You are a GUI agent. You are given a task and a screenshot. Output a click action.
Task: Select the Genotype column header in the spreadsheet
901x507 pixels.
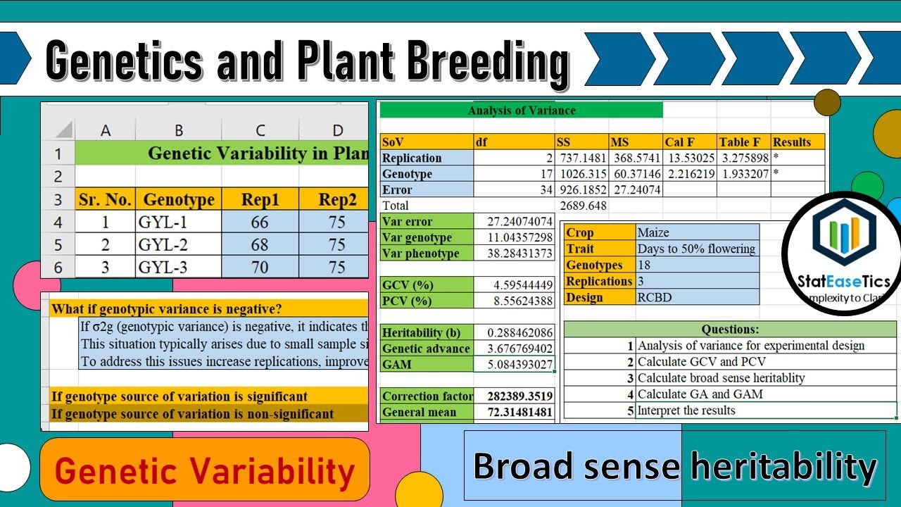tap(179, 199)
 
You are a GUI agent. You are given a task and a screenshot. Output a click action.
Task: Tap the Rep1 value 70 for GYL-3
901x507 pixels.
tap(260, 267)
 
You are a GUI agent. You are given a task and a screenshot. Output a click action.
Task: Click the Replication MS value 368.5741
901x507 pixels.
tap(636, 158)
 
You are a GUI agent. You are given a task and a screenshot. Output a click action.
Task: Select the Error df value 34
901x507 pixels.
tap(514, 190)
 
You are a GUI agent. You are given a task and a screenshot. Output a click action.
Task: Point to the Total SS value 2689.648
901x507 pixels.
tap(581, 206)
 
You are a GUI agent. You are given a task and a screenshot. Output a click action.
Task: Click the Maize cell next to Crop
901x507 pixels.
tap(697, 232)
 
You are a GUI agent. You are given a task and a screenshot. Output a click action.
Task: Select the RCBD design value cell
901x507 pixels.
tap(697, 297)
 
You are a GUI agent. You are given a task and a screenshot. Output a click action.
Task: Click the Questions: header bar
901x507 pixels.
tap(730, 329)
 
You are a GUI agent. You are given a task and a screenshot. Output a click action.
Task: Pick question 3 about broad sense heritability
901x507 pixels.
tap(722, 378)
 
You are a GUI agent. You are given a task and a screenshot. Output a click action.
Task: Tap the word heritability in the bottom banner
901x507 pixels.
tap(783, 466)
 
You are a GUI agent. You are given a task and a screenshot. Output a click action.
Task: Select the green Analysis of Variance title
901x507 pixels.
tap(521, 110)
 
